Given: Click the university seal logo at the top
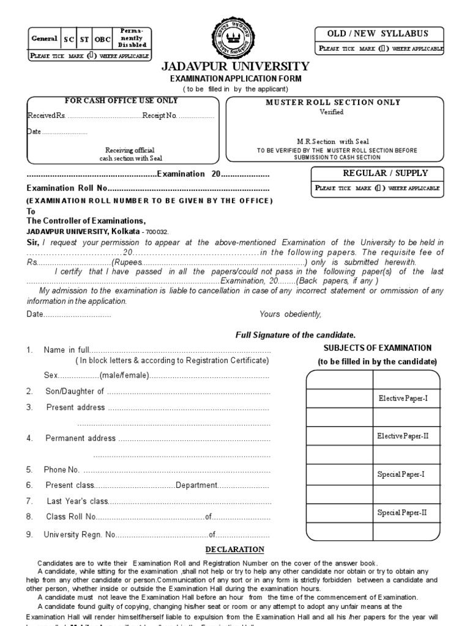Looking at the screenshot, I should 235,38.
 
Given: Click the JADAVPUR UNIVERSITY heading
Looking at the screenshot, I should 235,67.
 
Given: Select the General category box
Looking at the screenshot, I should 44,39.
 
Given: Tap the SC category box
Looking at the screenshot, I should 69,39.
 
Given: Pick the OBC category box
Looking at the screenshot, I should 103,39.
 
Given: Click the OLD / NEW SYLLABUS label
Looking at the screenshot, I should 378,34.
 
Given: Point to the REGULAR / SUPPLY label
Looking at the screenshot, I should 377,173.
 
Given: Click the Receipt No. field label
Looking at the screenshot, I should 159,116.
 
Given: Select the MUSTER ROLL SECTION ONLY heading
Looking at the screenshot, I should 333,102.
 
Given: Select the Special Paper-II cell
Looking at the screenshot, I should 402,512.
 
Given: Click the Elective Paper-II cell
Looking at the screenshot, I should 402,436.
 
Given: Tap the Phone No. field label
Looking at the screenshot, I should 61,469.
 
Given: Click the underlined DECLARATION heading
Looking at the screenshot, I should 235,550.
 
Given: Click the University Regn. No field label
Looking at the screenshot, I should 80,534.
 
